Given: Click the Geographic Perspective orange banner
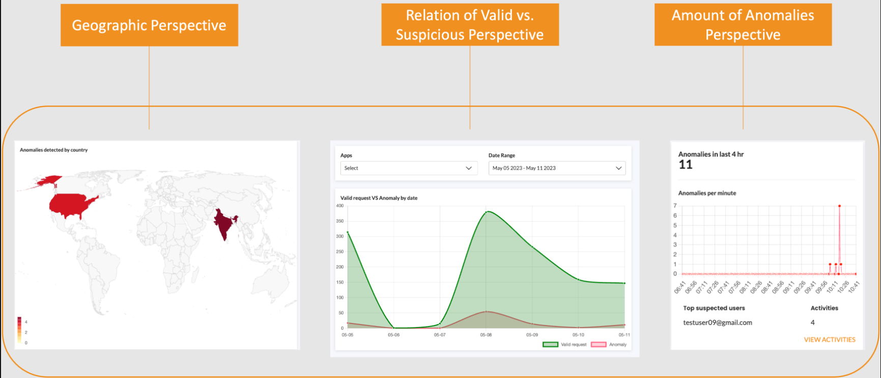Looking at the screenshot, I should [x=149, y=25].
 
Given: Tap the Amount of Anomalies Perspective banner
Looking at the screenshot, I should [x=743, y=24].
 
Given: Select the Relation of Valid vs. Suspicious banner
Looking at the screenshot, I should [x=470, y=24].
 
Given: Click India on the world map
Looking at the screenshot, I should [x=224, y=224].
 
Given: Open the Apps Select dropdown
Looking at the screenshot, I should [x=409, y=168].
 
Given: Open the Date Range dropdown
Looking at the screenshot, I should [x=557, y=168].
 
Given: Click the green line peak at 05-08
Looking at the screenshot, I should [x=487, y=211].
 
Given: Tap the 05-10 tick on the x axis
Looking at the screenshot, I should [x=578, y=335].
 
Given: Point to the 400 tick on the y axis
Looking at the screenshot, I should [x=340, y=206].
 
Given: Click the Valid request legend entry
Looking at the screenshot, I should [x=565, y=345].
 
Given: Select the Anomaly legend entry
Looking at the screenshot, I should [x=609, y=345].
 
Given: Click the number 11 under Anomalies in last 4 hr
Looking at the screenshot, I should [x=686, y=165].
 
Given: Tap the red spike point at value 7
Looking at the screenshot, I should [x=839, y=206].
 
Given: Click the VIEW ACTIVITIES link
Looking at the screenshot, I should [x=830, y=340].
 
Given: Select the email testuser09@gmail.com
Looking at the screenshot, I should [x=718, y=322].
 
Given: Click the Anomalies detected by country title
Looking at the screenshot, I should [x=53, y=150].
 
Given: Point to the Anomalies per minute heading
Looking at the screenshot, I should [x=707, y=193].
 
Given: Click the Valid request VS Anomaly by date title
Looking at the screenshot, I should [x=379, y=198].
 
